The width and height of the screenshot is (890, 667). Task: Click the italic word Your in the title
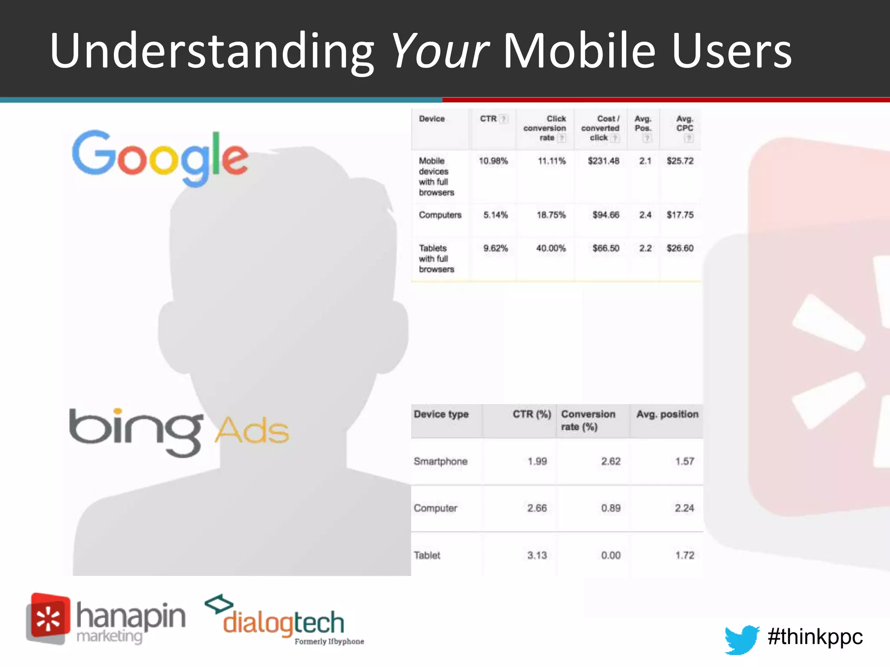(x=440, y=51)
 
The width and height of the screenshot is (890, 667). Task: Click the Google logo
(x=160, y=157)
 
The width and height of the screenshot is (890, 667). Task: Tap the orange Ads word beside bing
(x=252, y=431)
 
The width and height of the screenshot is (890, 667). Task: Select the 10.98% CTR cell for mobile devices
(x=493, y=161)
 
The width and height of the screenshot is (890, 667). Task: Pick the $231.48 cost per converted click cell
(x=603, y=161)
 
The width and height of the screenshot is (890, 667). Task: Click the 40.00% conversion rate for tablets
(x=551, y=248)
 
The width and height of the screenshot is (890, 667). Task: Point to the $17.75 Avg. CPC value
(x=680, y=215)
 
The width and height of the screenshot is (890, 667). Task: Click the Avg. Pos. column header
(x=643, y=124)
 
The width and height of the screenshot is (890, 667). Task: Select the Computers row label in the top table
(x=440, y=215)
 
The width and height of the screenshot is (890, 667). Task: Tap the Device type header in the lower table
(x=441, y=414)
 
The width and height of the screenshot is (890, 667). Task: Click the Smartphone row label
(x=440, y=461)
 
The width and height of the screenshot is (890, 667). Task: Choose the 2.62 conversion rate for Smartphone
(x=611, y=461)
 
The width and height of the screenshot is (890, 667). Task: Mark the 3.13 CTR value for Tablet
(x=537, y=555)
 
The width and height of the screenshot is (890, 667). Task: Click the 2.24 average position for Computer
(x=684, y=508)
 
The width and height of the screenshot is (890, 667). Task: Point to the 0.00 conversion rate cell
(x=611, y=555)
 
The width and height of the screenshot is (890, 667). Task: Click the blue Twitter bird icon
(x=741, y=639)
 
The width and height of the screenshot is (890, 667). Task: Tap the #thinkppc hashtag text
(x=815, y=637)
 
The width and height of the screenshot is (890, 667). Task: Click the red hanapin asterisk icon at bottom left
(x=48, y=619)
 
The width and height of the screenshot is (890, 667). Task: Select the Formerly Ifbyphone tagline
(x=329, y=641)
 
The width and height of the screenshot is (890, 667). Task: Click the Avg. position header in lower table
(x=667, y=414)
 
